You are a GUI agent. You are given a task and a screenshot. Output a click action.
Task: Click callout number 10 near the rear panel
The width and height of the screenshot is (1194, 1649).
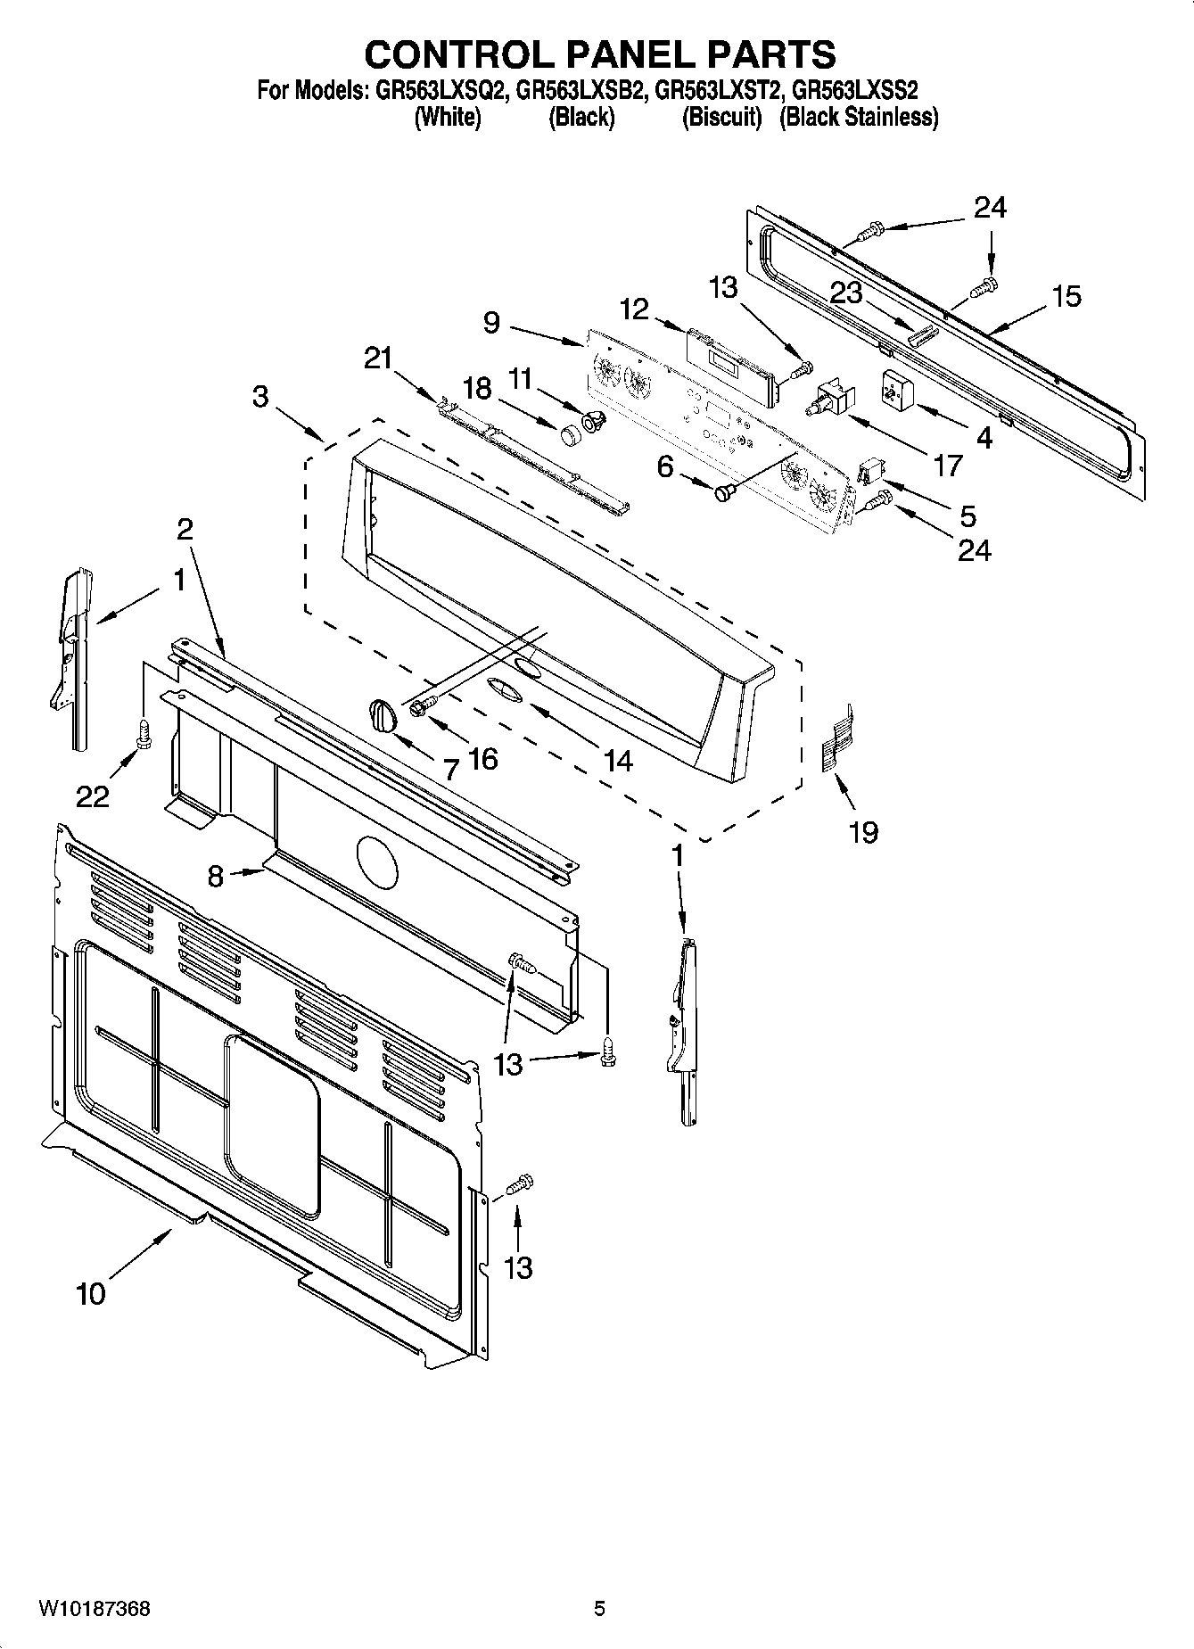click(91, 1293)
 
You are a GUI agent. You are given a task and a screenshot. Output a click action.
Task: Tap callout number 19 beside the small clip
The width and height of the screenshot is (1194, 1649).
click(863, 832)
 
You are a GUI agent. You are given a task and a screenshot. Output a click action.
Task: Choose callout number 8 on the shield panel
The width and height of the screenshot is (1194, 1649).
click(215, 876)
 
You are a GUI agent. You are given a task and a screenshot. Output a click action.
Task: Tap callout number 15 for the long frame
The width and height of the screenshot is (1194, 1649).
click(1066, 296)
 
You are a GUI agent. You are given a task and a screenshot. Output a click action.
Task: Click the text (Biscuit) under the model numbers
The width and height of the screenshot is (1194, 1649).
click(721, 117)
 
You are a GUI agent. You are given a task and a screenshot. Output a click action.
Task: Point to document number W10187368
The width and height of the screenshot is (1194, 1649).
click(94, 1608)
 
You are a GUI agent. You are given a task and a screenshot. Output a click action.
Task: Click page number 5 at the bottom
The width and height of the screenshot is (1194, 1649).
click(599, 1608)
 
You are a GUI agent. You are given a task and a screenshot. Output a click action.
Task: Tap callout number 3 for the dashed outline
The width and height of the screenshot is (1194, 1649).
click(259, 395)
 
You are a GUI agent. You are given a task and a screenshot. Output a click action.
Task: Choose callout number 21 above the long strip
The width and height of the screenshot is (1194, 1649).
click(378, 358)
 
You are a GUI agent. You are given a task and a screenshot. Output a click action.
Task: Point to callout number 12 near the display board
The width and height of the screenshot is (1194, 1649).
click(634, 309)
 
